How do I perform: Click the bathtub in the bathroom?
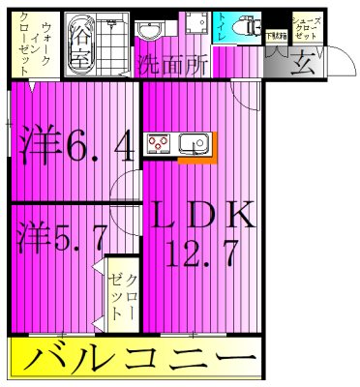[x=79, y=44]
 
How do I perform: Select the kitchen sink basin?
[x=193, y=145]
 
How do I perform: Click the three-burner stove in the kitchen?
[x=158, y=145]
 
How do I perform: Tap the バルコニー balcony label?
[x=139, y=362]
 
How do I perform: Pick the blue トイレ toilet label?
[x=223, y=28]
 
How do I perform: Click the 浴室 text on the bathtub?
[x=80, y=44]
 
